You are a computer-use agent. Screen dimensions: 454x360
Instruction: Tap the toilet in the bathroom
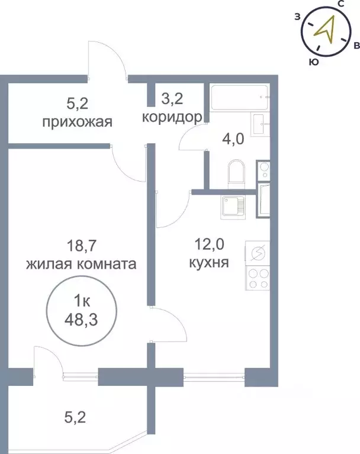coord(236,172)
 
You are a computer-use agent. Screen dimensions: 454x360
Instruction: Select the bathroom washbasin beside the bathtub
coord(261,124)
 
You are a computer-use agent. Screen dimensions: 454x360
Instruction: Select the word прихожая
coord(77,123)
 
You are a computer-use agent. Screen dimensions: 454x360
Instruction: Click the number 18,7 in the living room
coord(81,243)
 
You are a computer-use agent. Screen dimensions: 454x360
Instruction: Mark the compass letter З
coord(297,17)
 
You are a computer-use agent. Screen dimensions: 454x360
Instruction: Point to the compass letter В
coord(356,45)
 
